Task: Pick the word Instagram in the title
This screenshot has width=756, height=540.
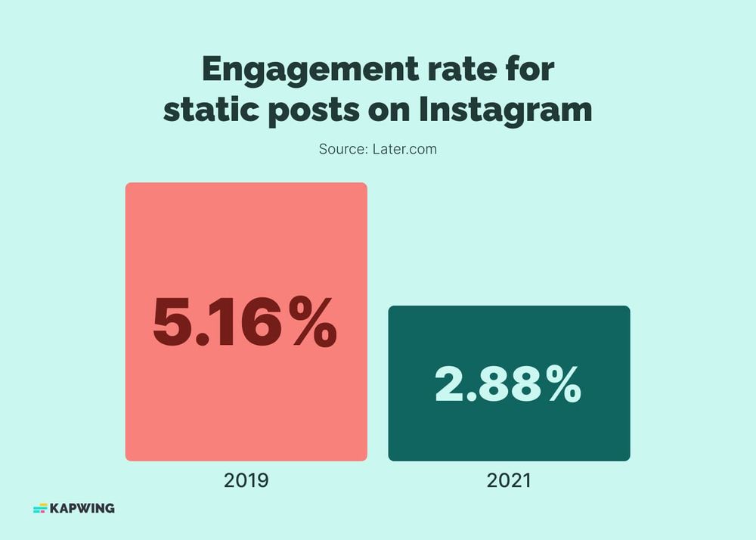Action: coord(505,110)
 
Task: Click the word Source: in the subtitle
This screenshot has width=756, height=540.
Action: coord(343,149)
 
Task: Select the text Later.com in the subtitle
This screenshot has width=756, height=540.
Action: coord(404,149)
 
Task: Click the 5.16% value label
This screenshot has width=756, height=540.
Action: coord(245,324)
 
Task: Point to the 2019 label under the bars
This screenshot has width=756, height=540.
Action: coord(246,480)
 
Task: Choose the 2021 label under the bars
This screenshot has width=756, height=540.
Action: coord(509,480)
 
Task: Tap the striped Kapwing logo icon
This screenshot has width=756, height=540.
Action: coord(40,508)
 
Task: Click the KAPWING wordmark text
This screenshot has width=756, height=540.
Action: coord(82,508)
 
